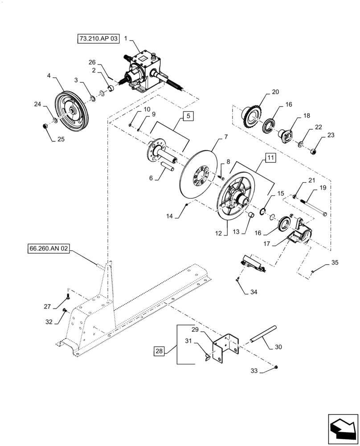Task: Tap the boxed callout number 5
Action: pyautogui.click(x=188, y=116)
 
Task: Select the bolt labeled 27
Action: pyautogui.click(x=68, y=295)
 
